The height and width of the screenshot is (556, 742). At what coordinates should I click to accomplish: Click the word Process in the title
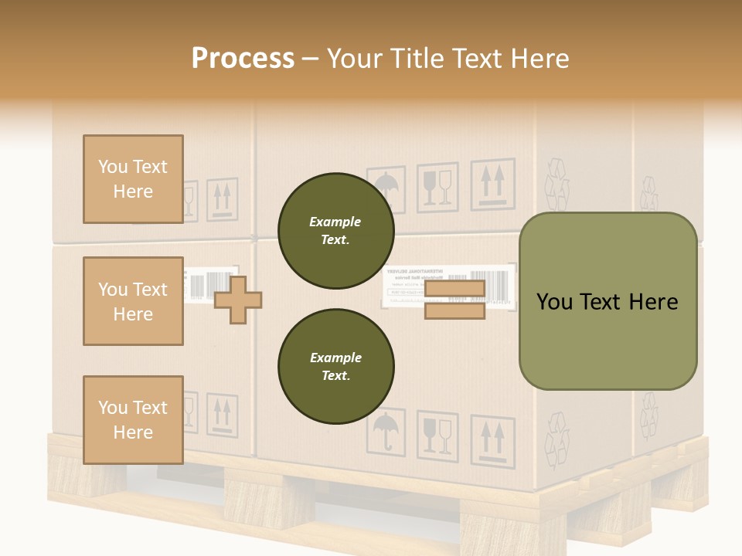[x=243, y=58]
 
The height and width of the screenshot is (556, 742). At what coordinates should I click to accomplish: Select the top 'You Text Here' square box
[x=133, y=179]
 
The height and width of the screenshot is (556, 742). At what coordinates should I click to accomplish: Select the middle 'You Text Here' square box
[x=133, y=301]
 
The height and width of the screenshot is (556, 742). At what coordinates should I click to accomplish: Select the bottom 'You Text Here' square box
[x=133, y=419]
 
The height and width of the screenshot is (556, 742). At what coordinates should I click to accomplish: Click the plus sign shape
[x=238, y=300]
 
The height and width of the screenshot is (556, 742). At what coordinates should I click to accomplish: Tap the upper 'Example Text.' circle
[x=335, y=231]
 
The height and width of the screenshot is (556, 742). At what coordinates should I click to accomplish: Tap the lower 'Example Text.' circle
[x=335, y=366]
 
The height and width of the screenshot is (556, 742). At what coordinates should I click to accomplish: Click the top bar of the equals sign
[x=454, y=289]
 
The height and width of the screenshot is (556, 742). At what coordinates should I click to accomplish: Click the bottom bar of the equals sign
[x=454, y=310]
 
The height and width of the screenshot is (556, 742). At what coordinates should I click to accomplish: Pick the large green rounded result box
[x=608, y=301]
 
